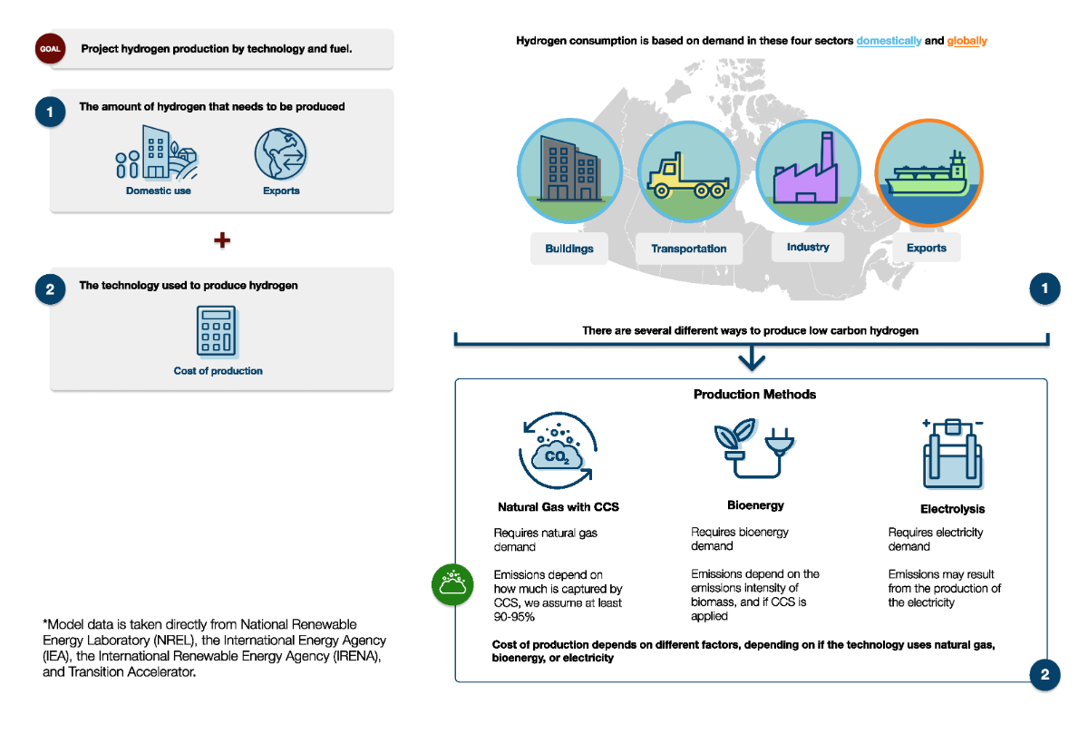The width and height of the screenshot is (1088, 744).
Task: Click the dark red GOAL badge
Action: tap(50, 49)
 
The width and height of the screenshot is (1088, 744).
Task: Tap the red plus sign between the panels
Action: tap(221, 240)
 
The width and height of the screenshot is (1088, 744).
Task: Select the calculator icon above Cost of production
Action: tap(218, 330)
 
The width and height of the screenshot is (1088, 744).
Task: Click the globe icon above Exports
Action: tap(281, 153)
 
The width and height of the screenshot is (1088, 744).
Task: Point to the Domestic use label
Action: tap(159, 191)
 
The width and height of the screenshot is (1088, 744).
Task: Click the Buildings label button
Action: tap(569, 249)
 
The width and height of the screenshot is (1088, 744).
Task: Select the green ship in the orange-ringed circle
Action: tap(927, 174)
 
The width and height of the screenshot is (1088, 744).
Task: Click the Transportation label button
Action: tap(689, 249)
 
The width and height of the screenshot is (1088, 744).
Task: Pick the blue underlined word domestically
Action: tap(889, 41)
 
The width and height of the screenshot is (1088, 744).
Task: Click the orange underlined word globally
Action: tap(967, 41)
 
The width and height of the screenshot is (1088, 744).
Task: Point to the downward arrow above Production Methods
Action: tap(752, 358)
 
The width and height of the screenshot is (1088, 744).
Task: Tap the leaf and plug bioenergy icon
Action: tap(753, 446)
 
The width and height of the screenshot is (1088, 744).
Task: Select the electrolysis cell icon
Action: tap(952, 453)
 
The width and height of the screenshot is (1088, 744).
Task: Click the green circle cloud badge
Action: tap(452, 584)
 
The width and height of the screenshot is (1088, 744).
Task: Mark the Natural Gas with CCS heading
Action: tap(559, 507)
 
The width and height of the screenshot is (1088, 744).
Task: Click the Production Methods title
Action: tap(754, 395)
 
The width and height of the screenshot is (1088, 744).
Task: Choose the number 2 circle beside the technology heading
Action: tap(50, 289)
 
